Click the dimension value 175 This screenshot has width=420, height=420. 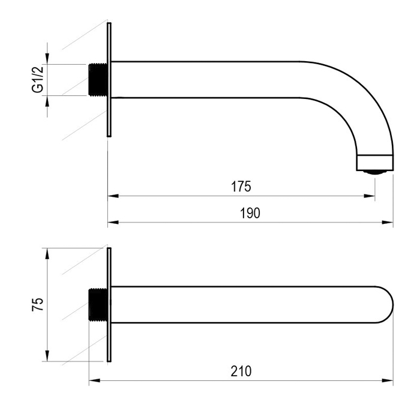point(241,187)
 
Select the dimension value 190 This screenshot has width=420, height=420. point(250,213)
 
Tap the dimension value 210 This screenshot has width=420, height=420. point(241,371)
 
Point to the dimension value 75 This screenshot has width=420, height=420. point(38,304)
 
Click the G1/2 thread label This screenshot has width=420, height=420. point(38,80)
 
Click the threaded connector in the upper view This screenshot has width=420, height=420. point(98,80)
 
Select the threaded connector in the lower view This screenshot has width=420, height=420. point(98,305)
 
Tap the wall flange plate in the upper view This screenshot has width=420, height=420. point(109,80)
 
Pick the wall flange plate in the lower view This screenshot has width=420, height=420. point(109,305)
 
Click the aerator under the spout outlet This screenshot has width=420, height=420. point(375,172)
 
